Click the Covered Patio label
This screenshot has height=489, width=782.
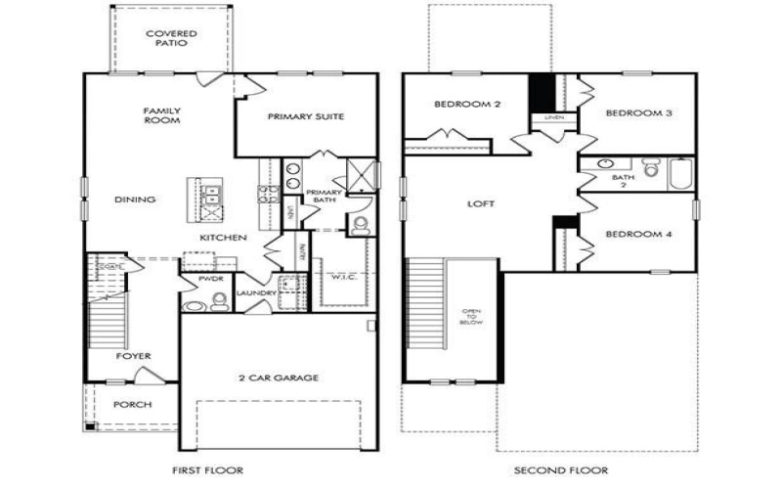171,38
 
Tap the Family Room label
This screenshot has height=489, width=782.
162,115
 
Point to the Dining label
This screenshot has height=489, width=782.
135,200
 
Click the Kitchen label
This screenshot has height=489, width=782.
223,238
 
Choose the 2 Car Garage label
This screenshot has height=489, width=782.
279,378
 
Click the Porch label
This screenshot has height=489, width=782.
132,404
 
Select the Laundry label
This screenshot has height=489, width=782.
254,292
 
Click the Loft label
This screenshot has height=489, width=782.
480,204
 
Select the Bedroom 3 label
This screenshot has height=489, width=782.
638,113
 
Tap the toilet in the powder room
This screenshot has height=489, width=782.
195,304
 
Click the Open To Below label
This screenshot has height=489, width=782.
472,318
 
